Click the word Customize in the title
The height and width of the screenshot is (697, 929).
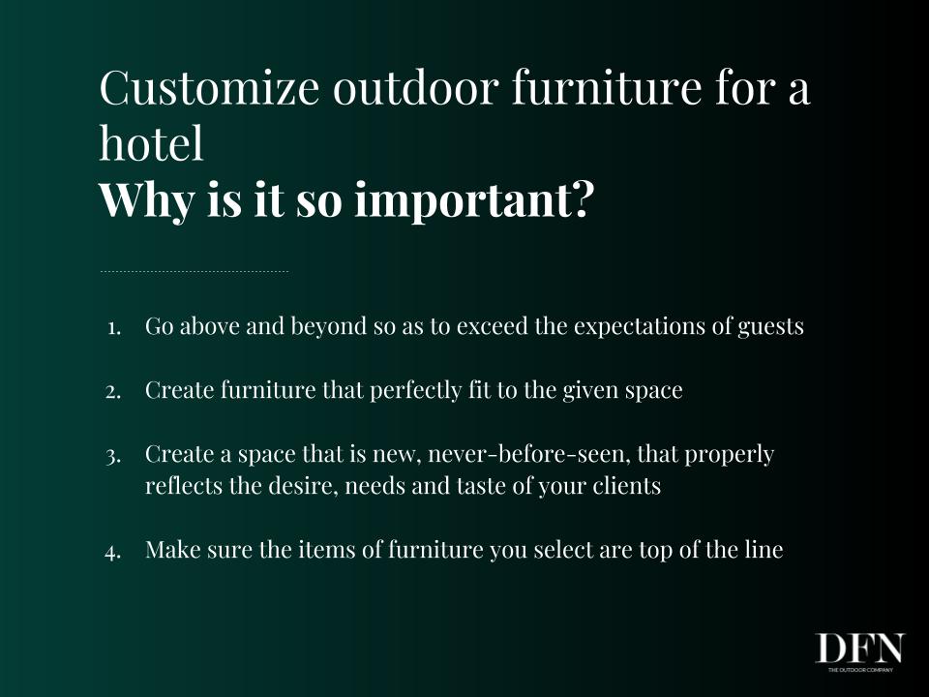(209, 89)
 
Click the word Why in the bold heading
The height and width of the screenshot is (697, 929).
(146, 201)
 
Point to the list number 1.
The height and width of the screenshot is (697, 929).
(114, 327)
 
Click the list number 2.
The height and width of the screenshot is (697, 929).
(113, 392)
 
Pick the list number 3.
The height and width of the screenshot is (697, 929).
(113, 457)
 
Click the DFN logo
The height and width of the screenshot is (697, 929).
(860, 649)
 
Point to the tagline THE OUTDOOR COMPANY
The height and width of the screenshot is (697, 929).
(860, 670)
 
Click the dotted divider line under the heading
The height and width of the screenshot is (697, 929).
(195, 271)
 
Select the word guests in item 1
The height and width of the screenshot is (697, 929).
(770, 326)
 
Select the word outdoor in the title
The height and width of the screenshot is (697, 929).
(414, 89)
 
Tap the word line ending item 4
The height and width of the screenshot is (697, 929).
(764, 550)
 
